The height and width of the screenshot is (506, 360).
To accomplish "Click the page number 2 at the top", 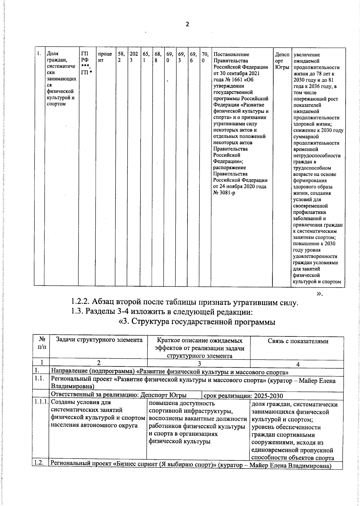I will tap(187, 24).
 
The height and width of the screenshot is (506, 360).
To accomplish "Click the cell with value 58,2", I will tap(121, 57).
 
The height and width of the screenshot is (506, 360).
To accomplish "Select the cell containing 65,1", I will tap(146, 57).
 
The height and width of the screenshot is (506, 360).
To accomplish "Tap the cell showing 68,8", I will tap(158, 57).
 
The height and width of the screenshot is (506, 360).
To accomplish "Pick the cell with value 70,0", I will tap(205, 57).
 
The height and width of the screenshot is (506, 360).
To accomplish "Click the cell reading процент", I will tap(105, 57).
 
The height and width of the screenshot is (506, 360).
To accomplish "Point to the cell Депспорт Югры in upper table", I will tap(282, 60).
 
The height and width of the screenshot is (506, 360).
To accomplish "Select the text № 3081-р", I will tap(224, 193).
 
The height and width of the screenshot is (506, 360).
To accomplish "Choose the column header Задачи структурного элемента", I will tap(99, 340).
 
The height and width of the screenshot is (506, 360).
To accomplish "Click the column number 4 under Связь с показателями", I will tap(298, 364).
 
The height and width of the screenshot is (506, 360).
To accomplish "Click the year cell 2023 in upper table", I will tap(133, 57).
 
